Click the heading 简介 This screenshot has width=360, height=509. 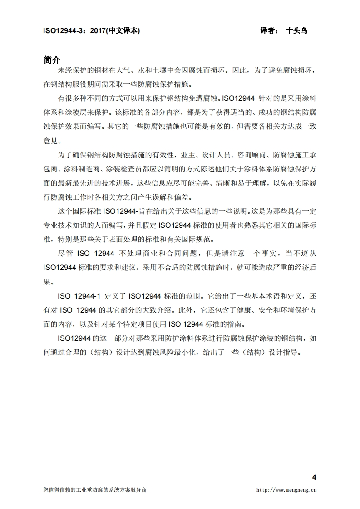tap(51, 60)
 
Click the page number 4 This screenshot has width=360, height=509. tap(314, 477)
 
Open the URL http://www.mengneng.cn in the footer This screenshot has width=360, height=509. tap(286, 490)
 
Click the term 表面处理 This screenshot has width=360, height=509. tap(130, 240)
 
